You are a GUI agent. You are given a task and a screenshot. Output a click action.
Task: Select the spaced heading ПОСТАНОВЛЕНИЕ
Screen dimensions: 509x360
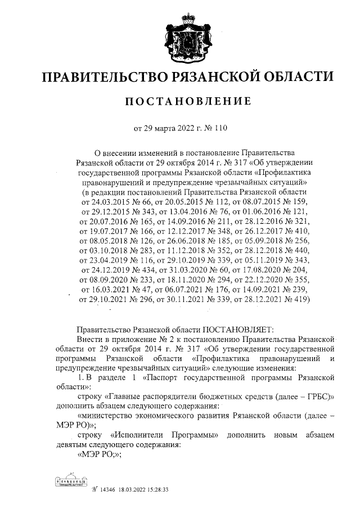pos(187,101)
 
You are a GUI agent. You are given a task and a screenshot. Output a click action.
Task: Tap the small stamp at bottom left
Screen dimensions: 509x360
pos(71,482)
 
